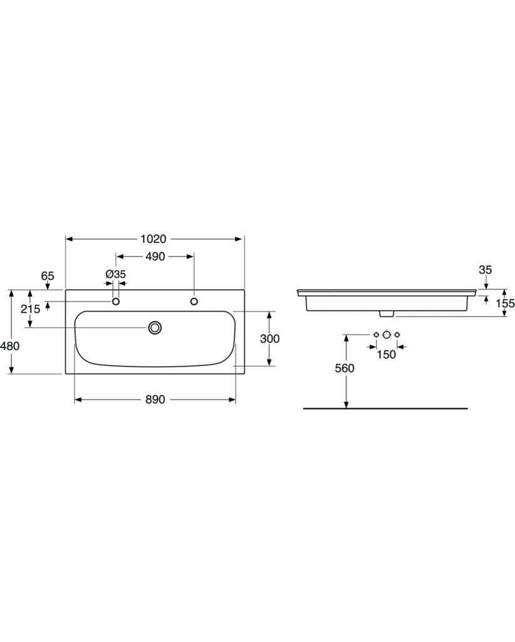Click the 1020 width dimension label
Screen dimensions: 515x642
click(x=153, y=239)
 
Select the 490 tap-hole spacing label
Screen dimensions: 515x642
click(x=155, y=256)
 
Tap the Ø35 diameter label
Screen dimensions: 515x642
click(x=116, y=275)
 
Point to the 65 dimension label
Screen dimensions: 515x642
click(x=48, y=276)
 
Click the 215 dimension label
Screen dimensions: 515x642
click(x=31, y=308)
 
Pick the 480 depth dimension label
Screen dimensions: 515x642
click(x=10, y=346)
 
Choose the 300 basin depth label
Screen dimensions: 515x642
click(x=270, y=339)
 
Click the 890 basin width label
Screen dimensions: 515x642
click(x=155, y=399)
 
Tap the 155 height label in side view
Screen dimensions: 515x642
click(x=505, y=303)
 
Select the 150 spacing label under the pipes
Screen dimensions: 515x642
click(x=387, y=355)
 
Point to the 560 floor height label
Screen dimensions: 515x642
click(x=345, y=369)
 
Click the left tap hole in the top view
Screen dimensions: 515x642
click(x=116, y=302)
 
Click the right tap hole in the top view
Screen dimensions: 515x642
click(x=194, y=302)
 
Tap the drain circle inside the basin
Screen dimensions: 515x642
click(x=155, y=327)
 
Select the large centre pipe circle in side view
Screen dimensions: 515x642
click(x=387, y=335)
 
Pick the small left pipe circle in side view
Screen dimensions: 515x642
click(x=377, y=335)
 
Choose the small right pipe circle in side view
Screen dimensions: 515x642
click(x=397, y=335)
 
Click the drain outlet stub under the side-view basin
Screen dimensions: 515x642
click(x=387, y=313)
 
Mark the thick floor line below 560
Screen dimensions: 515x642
click(x=385, y=408)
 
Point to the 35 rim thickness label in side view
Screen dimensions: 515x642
click(x=485, y=270)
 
